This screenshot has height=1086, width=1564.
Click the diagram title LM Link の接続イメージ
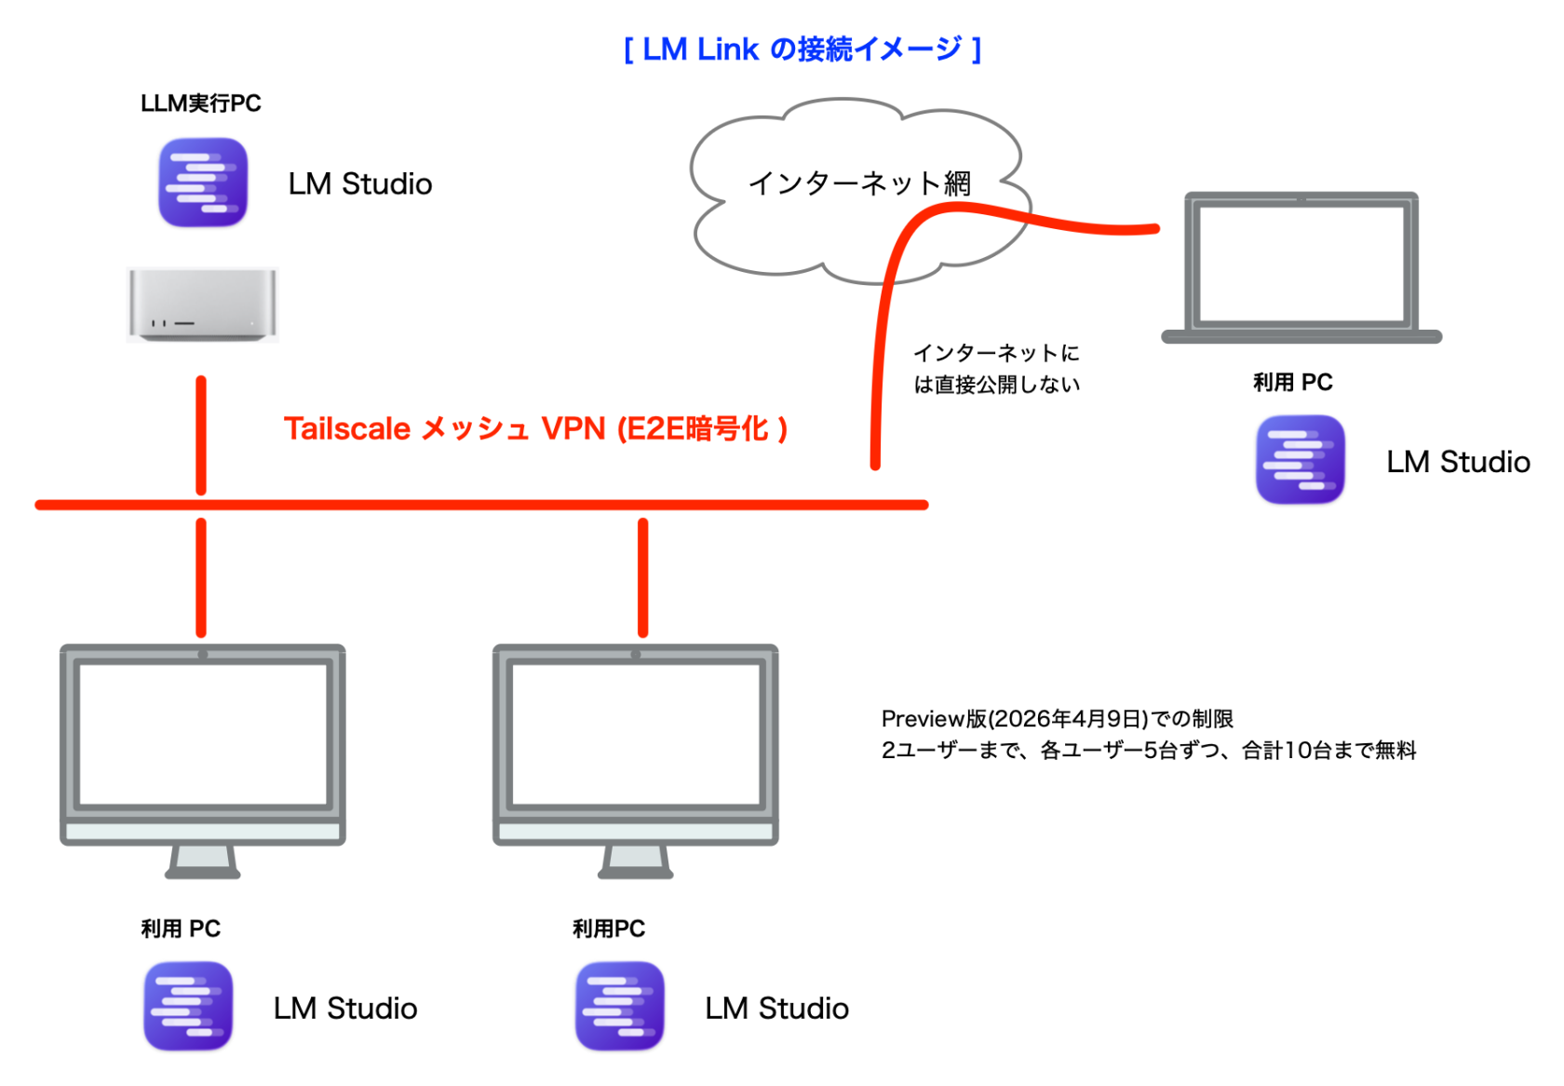[802, 49]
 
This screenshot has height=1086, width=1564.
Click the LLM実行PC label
[200, 103]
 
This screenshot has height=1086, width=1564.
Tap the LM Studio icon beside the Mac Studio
[203, 183]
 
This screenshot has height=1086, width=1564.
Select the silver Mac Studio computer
[202, 305]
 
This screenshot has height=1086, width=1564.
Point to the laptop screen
[1301, 264]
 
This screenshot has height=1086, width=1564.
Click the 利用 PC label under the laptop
[1292, 383]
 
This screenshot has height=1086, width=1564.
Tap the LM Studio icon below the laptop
[1300, 460]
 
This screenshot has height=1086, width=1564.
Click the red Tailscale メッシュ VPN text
[535, 428]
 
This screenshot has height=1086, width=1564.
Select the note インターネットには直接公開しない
[996, 369]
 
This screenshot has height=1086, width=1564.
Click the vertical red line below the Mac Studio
[201, 434]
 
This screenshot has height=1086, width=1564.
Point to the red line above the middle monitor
[642, 577]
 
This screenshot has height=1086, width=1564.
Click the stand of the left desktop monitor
[203, 861]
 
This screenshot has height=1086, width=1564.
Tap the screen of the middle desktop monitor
[636, 734]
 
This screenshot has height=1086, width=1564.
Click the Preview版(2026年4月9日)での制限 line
[1057, 719]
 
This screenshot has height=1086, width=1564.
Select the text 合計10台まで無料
[1329, 751]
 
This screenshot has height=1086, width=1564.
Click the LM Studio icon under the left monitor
[188, 1007]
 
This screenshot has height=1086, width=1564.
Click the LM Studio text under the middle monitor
[776, 1009]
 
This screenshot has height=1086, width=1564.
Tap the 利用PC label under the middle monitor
[608, 929]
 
